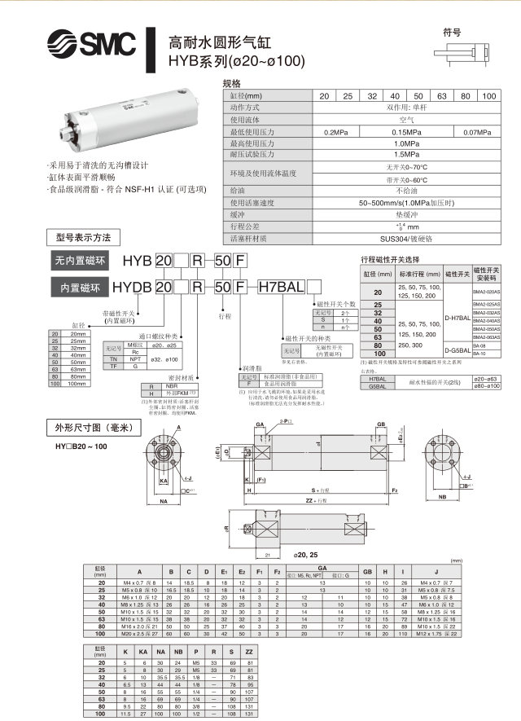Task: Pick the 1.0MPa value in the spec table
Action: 405,143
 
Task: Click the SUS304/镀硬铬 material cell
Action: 405,239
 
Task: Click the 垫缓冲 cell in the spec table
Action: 405,214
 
